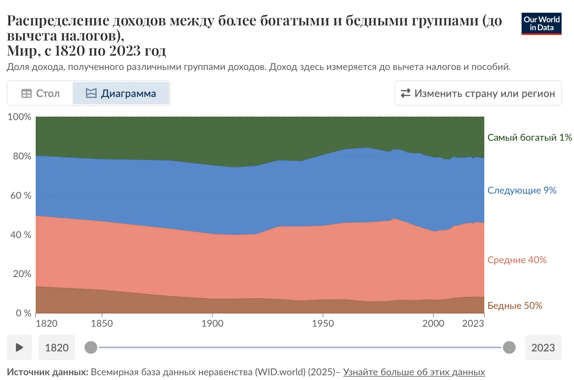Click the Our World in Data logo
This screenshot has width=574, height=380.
tap(541, 24)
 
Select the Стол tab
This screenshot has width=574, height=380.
tap(40, 93)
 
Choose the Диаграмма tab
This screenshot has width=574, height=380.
tap(121, 93)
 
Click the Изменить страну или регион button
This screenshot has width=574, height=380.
tap(478, 93)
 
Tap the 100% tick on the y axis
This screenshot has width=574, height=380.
tap(19, 117)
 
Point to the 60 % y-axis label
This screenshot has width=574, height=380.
tap(21, 196)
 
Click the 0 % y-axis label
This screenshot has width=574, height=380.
tap(23, 313)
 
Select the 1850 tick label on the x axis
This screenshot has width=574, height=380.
tap(102, 324)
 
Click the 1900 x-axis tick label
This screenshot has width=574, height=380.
tap(212, 324)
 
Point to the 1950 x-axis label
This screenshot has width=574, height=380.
tap(323, 324)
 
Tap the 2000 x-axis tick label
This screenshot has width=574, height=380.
tap(433, 324)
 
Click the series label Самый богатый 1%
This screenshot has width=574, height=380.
tap(530, 138)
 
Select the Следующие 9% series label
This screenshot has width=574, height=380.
tap(522, 190)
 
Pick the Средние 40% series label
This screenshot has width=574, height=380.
tap(517, 260)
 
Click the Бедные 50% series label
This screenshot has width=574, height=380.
tap(514, 306)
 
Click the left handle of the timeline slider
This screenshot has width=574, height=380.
tap(91, 347)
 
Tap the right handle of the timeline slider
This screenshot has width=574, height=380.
tap(509, 347)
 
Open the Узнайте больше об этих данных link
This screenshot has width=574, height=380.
tap(414, 372)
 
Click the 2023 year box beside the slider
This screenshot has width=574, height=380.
tap(543, 348)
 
